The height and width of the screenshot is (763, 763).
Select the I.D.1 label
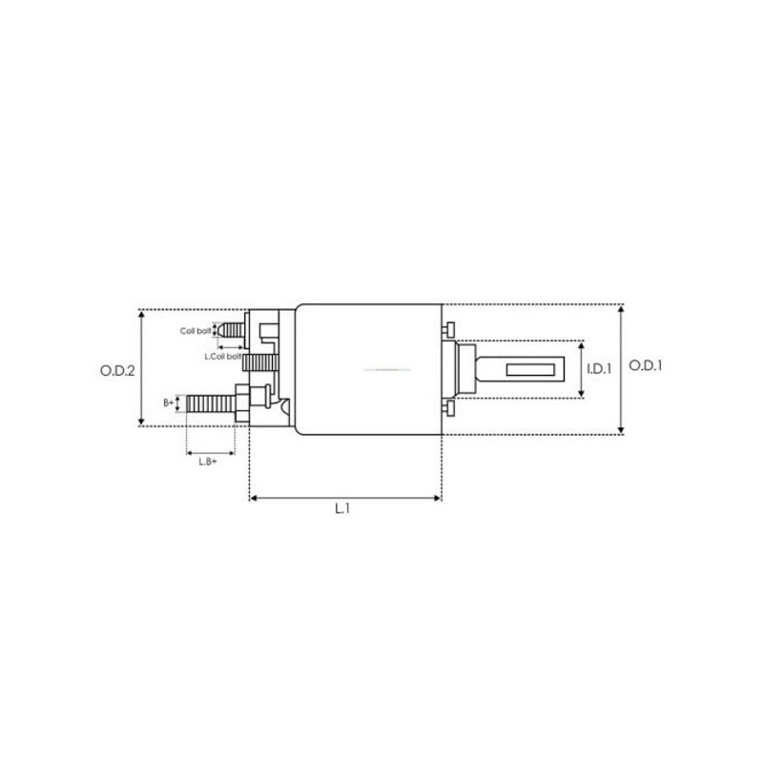598,368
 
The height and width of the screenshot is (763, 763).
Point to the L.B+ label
207,462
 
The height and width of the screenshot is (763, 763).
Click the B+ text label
169,402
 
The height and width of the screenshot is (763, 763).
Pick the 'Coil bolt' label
196,331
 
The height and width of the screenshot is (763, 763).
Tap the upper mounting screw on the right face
446,330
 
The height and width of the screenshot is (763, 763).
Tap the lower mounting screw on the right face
446,407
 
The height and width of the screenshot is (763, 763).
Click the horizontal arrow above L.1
345,497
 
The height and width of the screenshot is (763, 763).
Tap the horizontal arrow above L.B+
209,450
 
